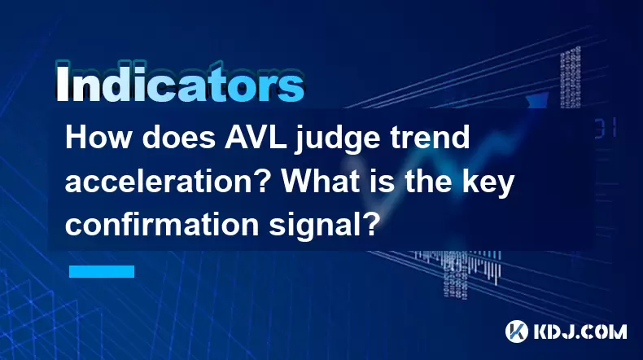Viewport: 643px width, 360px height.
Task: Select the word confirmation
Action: point(162,225)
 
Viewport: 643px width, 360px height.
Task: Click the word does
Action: point(179,138)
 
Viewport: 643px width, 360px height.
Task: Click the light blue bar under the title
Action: point(102,271)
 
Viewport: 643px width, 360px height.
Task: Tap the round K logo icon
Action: point(517,331)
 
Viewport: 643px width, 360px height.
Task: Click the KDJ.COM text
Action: point(580,331)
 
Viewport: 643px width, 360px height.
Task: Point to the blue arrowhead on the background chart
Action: point(537,100)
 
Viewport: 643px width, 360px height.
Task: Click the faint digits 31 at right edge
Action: point(605,128)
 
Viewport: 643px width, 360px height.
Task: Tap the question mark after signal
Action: point(370,225)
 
